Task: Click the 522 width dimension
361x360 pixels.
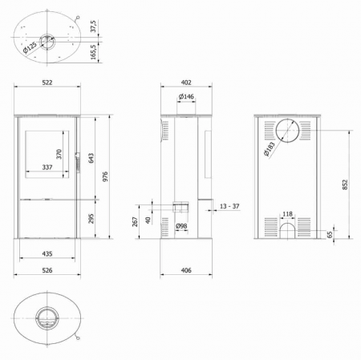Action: pyautogui.click(x=47, y=83)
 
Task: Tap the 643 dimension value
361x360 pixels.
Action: pyautogui.click(x=91, y=157)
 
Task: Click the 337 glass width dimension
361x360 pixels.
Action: pyautogui.click(x=47, y=168)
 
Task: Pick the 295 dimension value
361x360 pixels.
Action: pyautogui.click(x=91, y=218)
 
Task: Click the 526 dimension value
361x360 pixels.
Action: pyautogui.click(x=47, y=271)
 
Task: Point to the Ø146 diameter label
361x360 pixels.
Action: pyautogui.click(x=185, y=98)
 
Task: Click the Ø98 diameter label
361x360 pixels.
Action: pyautogui.click(x=182, y=226)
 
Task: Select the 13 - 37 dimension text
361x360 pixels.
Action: pyautogui.click(x=228, y=206)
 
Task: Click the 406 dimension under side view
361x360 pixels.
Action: pyautogui.click(x=185, y=271)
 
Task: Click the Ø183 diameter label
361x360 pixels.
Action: pyautogui.click(x=268, y=149)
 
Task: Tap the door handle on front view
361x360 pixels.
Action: pyautogui.click(x=77, y=162)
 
